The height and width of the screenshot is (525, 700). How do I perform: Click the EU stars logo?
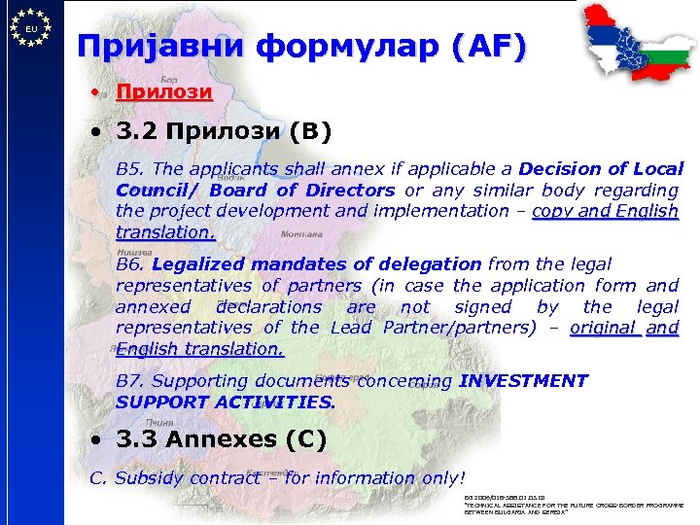(31, 28)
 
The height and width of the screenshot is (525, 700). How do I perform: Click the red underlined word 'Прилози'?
(163, 92)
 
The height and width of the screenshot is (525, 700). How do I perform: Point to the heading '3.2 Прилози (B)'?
(224, 131)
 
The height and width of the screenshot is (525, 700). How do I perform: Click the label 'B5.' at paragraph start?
(129, 169)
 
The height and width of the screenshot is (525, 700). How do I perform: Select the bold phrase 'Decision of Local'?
(602, 169)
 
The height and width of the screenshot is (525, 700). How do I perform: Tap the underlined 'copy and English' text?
(605, 211)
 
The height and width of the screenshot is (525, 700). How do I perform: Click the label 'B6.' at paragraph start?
(130, 264)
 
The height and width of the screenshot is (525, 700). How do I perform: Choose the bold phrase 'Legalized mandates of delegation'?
(316, 264)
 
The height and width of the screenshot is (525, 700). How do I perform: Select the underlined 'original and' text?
(623, 328)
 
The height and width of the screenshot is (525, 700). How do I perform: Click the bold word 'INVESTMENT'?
(524, 381)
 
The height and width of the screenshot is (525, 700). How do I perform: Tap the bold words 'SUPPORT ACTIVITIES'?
(225, 402)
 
